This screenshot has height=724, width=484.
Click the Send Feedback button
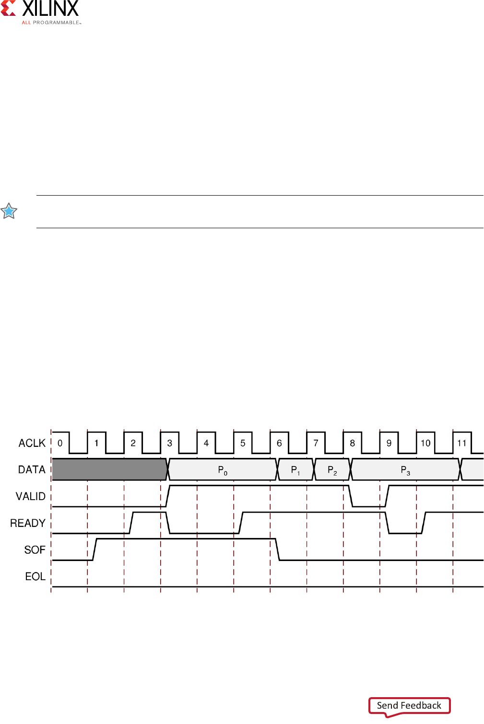tap(409, 705)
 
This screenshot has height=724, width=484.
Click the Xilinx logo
tap(40, 11)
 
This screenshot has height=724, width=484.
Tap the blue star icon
tap(9, 211)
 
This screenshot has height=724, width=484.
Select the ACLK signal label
tap(32, 443)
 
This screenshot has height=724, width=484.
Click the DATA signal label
tap(32, 470)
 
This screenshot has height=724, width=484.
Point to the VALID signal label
tap(31, 496)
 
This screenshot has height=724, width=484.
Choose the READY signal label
tap(28, 523)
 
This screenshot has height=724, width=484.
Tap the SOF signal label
tap(35, 550)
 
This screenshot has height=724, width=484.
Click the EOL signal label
tap(35, 576)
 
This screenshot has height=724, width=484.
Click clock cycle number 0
tap(60, 443)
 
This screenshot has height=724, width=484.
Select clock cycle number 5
tap(243, 443)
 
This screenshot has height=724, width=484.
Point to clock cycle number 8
tap(353, 443)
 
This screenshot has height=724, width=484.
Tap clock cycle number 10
tap(425, 443)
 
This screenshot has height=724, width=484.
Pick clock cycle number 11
tap(462, 443)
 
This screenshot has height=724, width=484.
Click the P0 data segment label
tap(223, 470)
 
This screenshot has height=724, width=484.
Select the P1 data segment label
tap(295, 470)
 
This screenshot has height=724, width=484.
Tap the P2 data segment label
tap(332, 470)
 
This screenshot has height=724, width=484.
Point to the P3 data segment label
tap(405, 470)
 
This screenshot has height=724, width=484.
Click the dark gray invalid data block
tap(109, 469)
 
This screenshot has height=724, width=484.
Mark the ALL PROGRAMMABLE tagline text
tap(51, 23)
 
